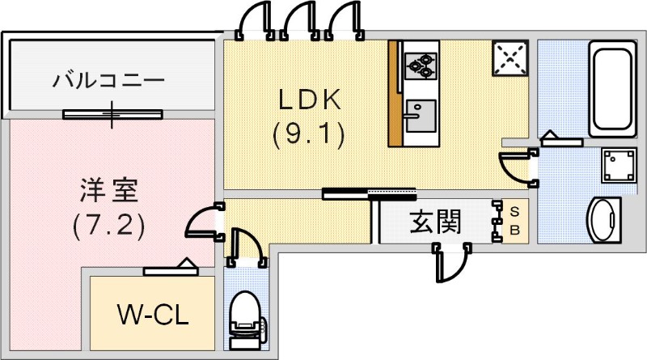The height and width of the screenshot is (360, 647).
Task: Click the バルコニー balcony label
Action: [108, 81]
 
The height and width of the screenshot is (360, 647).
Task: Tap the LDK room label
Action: [310, 100]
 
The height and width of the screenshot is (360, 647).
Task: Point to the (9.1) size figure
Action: [310, 133]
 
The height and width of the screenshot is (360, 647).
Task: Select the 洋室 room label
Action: [109, 191]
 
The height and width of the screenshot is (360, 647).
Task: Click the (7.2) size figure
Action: [109, 224]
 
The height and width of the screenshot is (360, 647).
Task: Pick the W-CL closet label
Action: [152, 314]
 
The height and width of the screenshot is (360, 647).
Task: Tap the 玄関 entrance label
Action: [434, 221]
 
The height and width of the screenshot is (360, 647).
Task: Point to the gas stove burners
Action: [421, 63]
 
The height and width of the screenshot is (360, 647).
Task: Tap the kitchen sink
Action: [420, 116]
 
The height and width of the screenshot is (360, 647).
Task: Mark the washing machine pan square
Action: [620, 167]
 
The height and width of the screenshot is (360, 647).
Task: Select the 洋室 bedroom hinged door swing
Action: [202, 221]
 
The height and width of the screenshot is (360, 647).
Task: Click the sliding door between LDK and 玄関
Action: [370, 193]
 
